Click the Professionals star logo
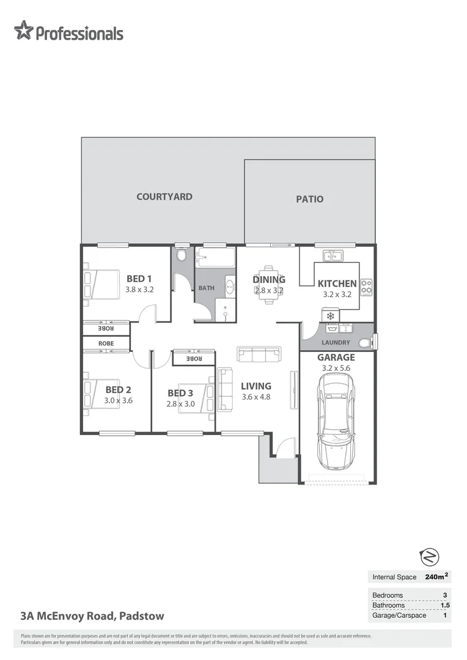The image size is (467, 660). point(23,30)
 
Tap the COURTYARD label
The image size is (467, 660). point(164,197)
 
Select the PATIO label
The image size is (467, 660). point(309,199)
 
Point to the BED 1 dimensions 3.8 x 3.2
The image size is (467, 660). point(139,290)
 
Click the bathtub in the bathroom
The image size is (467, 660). point(215,258)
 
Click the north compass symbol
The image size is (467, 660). point(430,557)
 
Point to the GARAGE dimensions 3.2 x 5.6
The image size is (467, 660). point(336,369)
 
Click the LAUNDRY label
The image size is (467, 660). point(336,343)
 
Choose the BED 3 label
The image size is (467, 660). point(180,393)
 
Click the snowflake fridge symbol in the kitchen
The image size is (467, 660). point(331,316)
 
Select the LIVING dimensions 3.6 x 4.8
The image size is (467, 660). point(256,397)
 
